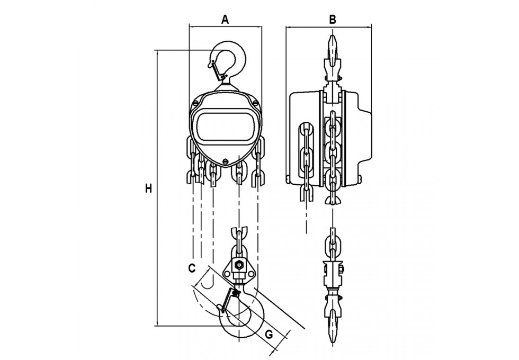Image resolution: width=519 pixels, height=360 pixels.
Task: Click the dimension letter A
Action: click(225, 20)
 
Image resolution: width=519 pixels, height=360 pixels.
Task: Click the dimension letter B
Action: click(333, 20)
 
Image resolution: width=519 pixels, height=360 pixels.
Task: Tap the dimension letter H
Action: click(148, 188)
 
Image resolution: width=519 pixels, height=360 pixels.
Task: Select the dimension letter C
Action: click(192, 268)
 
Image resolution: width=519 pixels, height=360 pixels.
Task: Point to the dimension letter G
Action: click(269, 335)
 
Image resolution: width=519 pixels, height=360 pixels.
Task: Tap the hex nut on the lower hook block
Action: click(238, 265)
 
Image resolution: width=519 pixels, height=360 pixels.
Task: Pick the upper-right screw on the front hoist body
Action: click(255, 103)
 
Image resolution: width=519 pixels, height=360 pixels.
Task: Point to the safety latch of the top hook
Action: click(217, 70)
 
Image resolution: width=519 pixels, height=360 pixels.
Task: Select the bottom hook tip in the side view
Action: click(333, 328)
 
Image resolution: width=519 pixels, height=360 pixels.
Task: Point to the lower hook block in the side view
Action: click(333, 275)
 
